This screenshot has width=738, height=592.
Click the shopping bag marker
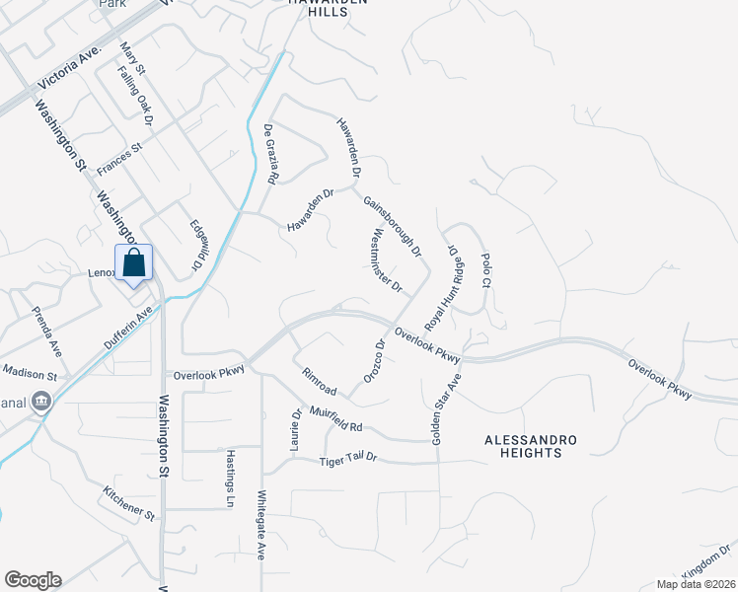134,263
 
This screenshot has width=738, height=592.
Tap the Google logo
33,580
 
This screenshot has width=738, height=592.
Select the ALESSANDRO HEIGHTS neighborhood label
523,445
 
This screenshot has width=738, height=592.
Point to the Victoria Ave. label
69,63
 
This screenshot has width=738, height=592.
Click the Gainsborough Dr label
392,225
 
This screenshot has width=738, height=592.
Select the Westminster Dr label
385,261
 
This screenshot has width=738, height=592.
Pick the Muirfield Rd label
337,418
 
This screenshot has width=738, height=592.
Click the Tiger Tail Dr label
348,462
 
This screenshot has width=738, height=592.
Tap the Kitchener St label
129,502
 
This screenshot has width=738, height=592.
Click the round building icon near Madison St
41,401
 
